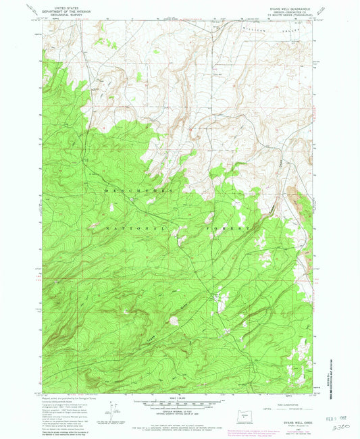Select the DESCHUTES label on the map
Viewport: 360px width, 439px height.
pyautogui.click(x=138, y=191)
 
